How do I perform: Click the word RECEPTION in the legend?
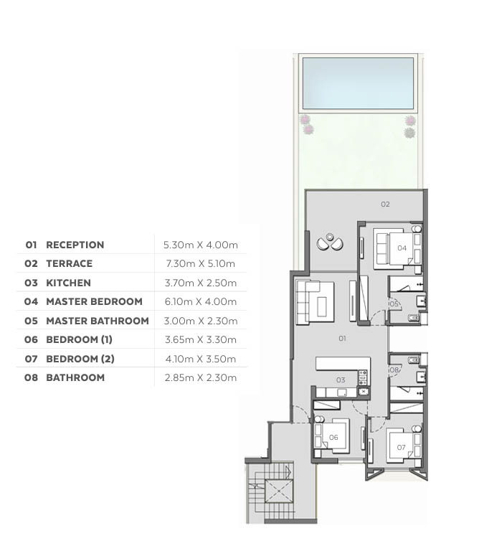[75, 245]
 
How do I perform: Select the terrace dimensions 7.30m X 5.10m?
[200, 264]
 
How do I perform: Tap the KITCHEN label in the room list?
[68, 283]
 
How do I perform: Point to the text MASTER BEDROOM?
[94, 301]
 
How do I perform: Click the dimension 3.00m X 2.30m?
[200, 321]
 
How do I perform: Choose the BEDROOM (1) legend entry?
[79, 339]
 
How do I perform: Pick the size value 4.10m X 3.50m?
[200, 359]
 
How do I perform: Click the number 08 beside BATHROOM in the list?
[31, 377]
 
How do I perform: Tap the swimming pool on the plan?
[358, 83]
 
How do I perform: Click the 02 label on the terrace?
[385, 204]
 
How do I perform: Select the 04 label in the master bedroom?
[402, 248]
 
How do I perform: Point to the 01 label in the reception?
[342, 339]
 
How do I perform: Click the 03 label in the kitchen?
[341, 380]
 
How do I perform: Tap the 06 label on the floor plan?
[333, 437]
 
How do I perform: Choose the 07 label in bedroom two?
[401, 448]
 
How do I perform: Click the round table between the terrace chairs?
[330, 237]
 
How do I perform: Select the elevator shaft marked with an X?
[278, 491]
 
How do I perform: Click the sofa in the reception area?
[315, 302]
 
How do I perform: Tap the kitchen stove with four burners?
[362, 377]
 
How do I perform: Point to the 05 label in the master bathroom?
[394, 304]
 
